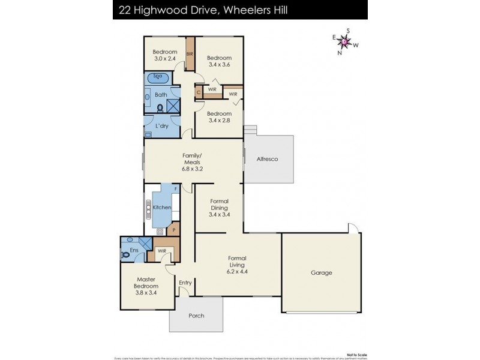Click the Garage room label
(x=322, y=272)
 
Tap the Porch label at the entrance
(x=196, y=316)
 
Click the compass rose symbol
(x=345, y=41)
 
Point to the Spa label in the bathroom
(x=158, y=77)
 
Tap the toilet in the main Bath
(x=160, y=108)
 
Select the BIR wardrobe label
(x=190, y=55)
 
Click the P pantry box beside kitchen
(x=174, y=229)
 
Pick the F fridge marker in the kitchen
(x=175, y=189)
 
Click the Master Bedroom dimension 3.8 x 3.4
(x=146, y=293)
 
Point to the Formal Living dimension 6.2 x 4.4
(x=238, y=271)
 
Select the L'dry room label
(x=161, y=126)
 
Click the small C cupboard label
(x=198, y=93)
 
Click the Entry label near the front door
(x=185, y=283)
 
